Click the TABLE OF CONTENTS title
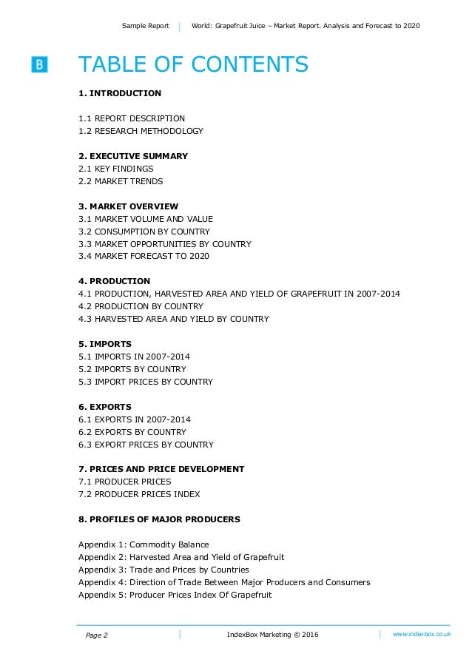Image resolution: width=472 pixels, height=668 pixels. click(x=193, y=65)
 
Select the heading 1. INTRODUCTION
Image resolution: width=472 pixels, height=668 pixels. click(x=120, y=93)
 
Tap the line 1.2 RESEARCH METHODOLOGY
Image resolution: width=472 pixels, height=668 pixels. click(x=141, y=131)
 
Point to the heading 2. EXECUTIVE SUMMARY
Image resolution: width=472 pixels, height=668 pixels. click(x=133, y=156)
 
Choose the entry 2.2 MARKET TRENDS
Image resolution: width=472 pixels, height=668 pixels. click(x=121, y=181)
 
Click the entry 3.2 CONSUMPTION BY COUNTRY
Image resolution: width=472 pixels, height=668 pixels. click(x=144, y=232)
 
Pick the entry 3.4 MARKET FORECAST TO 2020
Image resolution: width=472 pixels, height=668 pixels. click(x=144, y=256)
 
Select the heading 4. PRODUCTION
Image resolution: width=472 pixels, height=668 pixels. click(x=115, y=281)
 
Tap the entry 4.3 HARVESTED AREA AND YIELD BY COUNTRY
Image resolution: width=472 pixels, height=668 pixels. click(x=174, y=319)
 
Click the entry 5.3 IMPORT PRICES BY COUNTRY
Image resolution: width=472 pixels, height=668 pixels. click(x=146, y=382)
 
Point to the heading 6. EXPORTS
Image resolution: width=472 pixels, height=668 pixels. click(x=105, y=407)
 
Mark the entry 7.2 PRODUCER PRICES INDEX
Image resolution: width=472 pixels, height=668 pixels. click(x=139, y=494)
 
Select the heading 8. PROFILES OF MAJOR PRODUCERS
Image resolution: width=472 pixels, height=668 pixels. click(x=159, y=519)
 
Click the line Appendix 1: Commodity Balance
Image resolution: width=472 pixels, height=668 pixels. click(x=144, y=544)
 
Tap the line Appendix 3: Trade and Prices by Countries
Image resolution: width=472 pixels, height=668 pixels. click(x=163, y=570)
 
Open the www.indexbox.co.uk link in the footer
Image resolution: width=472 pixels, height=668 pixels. click(x=422, y=634)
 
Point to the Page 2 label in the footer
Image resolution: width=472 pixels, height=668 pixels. click(x=97, y=635)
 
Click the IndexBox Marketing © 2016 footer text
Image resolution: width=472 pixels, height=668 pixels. click(x=273, y=635)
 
